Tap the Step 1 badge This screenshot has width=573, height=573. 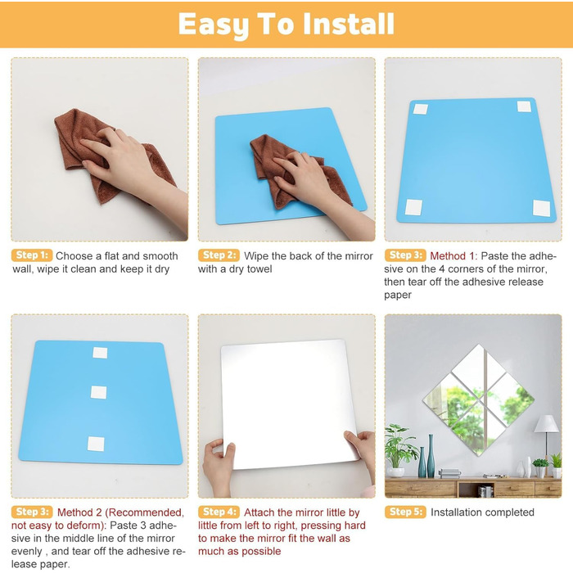pyautogui.click(x=32, y=255)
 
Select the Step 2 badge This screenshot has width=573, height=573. pyautogui.click(x=219, y=255)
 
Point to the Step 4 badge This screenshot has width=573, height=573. pyautogui.click(x=219, y=512)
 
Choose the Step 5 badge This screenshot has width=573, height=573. pyautogui.click(x=405, y=512)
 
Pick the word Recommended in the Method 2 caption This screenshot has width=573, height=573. pyautogui.click(x=146, y=512)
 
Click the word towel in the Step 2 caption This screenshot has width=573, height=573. pyautogui.click(x=259, y=269)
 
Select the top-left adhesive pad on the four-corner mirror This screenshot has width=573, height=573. pyautogui.click(x=420, y=109)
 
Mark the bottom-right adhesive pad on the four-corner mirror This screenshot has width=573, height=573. pyautogui.click(x=541, y=208)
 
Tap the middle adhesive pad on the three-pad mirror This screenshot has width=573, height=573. pyautogui.click(x=99, y=392)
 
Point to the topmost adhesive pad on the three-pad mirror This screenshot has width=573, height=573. pyautogui.click(x=100, y=353)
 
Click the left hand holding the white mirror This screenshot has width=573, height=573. pyautogui.click(x=219, y=467)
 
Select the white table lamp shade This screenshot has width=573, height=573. pyautogui.click(x=546, y=424)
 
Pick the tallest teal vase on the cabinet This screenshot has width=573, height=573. pyautogui.click(x=431, y=456)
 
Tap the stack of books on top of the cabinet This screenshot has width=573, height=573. pyautogui.click(x=449, y=474)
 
